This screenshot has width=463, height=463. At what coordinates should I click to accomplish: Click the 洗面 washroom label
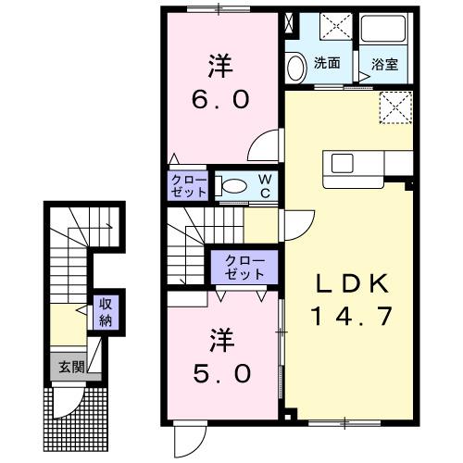(x=326, y=64)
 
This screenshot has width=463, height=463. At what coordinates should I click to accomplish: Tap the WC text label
(x=264, y=184)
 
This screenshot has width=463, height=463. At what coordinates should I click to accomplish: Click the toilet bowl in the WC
(x=235, y=185)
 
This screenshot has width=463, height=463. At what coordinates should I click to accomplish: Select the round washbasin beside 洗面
(x=296, y=67)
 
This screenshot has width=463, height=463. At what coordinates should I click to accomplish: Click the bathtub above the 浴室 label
(x=384, y=32)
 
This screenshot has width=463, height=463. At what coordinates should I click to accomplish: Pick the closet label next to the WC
(x=190, y=186)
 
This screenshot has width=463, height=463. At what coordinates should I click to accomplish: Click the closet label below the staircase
(x=244, y=268)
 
